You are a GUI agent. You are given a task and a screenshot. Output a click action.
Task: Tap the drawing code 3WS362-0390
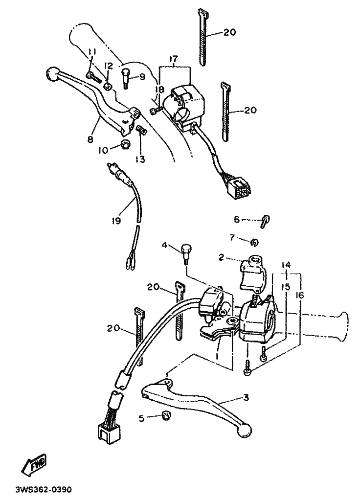[x=43, y=490]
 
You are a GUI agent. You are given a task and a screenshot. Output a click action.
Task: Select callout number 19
[x=116, y=220]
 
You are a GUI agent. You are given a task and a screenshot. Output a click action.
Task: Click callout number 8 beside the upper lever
[x=90, y=139]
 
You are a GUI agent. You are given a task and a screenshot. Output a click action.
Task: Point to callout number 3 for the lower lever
[x=246, y=398]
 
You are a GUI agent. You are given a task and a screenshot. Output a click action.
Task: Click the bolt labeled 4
[x=185, y=253]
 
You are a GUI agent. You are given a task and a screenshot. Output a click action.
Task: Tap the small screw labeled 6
[x=265, y=221]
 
